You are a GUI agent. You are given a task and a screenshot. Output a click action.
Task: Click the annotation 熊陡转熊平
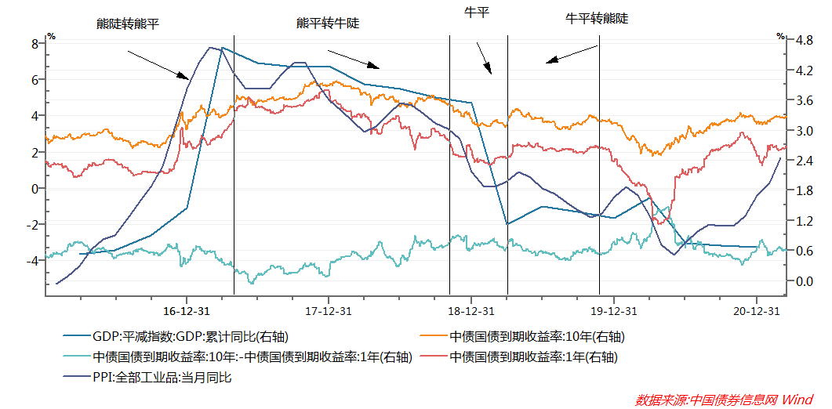(x=127, y=24)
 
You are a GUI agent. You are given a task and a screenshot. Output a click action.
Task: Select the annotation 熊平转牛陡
(x=327, y=24)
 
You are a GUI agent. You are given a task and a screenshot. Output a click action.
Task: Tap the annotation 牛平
(x=477, y=13)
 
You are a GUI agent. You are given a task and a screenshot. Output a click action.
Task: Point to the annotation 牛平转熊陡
(x=597, y=18)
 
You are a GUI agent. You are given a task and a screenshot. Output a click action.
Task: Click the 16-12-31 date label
(x=185, y=311)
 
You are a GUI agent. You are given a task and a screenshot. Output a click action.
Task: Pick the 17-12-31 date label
(x=328, y=311)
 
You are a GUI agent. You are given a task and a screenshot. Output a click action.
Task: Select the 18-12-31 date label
(x=470, y=311)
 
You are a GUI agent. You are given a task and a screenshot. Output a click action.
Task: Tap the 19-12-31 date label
(x=613, y=311)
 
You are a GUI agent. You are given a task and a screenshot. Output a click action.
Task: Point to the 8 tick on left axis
(x=35, y=44)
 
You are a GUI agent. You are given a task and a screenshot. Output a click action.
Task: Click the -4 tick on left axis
(x=32, y=260)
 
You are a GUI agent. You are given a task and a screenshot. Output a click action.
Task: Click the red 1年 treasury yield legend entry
(x=532, y=357)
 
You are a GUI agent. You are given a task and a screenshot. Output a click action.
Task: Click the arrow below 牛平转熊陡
(x=572, y=54)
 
